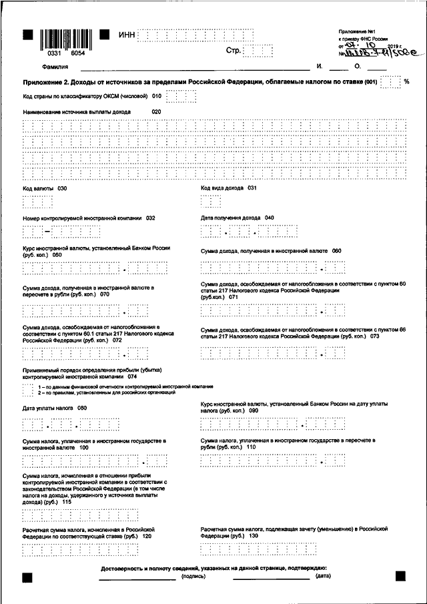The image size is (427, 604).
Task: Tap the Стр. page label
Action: [234, 51]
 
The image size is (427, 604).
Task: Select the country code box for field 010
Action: [181, 97]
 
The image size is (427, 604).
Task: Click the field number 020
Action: [157, 111]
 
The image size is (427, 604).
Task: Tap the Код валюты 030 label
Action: [45, 189]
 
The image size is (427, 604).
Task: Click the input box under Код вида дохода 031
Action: [211, 202]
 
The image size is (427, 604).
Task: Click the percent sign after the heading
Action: [406, 82]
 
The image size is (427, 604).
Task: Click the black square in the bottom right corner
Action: [400, 575]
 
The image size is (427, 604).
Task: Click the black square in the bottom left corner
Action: [27, 575]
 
